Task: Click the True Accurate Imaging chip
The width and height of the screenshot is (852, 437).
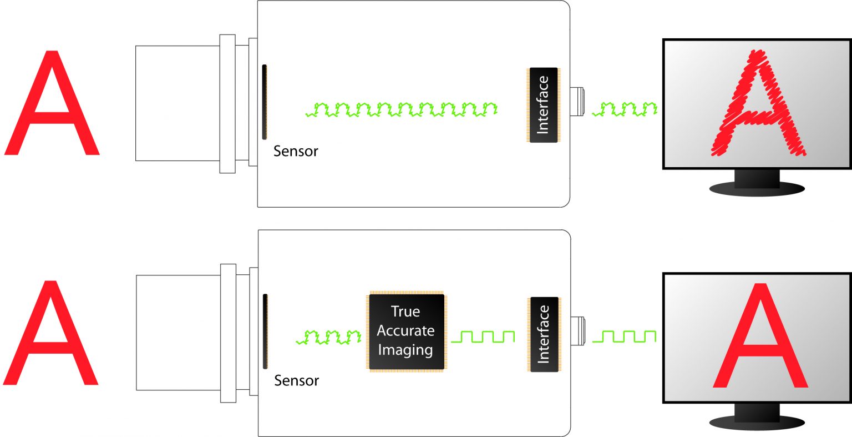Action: coord(406,331)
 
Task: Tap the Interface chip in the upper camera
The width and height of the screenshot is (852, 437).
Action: coord(543,105)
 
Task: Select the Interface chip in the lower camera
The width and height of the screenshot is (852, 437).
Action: coord(544,334)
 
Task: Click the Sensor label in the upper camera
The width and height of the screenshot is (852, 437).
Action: coord(296,151)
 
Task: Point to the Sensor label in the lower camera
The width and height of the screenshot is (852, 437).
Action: coord(296,380)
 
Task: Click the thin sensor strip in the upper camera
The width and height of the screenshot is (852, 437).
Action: coord(265,102)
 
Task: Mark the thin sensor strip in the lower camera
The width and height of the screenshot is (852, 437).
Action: coord(265,331)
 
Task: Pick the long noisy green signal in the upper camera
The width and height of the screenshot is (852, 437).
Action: coord(401,109)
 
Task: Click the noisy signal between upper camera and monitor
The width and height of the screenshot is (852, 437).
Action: coord(625,109)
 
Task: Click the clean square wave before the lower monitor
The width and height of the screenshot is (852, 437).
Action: coord(625,336)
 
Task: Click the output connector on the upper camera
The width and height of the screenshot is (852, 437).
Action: coord(577,101)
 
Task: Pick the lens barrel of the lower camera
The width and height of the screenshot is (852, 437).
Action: coord(178,332)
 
